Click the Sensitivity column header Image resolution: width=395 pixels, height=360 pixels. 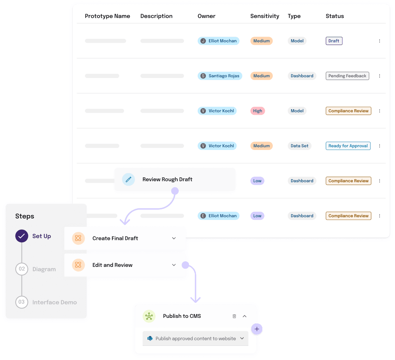tap(264, 16)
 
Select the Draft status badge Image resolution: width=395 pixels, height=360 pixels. tap(334, 41)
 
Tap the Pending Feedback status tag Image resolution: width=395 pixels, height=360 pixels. tap(347, 76)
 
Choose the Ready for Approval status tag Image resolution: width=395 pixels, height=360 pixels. tap(348, 146)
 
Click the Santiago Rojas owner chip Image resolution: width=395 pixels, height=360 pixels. tap(220, 76)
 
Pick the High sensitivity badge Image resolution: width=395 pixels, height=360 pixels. tap(257, 111)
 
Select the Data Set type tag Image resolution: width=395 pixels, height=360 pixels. tap(299, 146)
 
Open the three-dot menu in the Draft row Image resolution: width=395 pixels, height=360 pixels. tap(380, 41)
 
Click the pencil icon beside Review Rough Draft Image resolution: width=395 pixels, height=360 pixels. tap(129, 179)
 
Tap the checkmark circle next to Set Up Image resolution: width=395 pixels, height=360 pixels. tap(22, 236)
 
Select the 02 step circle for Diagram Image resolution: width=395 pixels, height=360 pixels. tap(22, 269)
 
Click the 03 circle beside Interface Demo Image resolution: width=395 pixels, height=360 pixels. tap(22, 302)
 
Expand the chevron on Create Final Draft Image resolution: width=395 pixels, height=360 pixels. tap(174, 238)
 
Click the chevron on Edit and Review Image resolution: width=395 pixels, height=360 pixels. tap(174, 265)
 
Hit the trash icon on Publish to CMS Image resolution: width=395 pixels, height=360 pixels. tap(234, 316)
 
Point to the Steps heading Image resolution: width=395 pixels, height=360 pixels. tap(25, 216)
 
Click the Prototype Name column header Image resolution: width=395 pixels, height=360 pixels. tap(107, 16)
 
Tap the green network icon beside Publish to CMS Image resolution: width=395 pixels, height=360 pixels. tap(149, 316)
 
